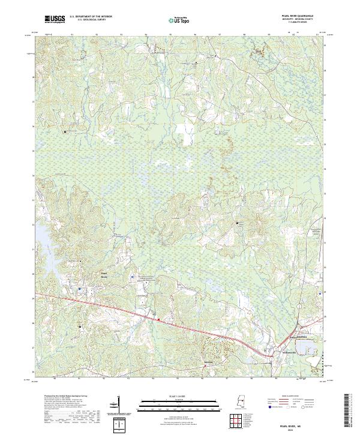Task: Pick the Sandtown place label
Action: pyautogui.click(x=208, y=362)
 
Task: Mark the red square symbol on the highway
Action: pyautogui.click(x=158, y=319)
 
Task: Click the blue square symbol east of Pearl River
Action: pyautogui.click(x=133, y=277)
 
